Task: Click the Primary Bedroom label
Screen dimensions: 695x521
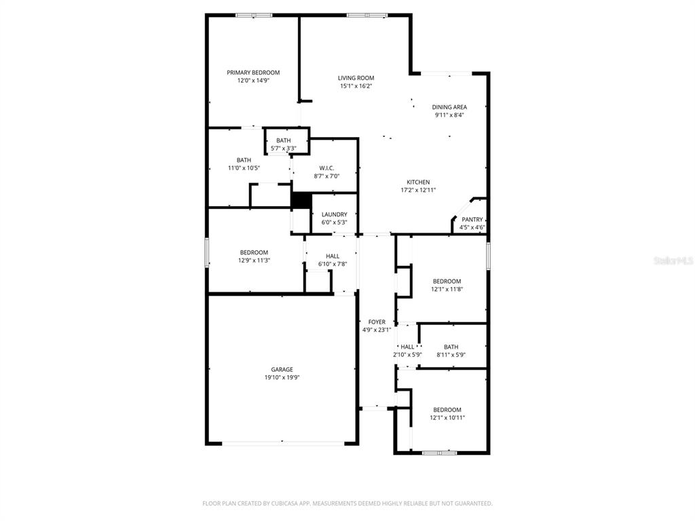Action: point(253,73)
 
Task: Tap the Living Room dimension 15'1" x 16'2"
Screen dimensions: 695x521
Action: point(356,86)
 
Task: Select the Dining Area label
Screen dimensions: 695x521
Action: point(449,107)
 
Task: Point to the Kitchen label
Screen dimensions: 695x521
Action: point(418,182)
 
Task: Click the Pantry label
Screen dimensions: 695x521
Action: point(472,219)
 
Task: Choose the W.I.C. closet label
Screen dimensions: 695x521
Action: point(326,168)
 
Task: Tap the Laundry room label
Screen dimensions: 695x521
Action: point(334,214)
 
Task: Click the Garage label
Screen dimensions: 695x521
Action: point(282,370)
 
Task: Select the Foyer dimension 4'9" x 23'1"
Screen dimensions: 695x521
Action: point(377,330)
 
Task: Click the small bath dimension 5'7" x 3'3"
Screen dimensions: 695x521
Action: point(284,149)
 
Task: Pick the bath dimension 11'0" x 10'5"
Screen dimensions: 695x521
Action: point(244,168)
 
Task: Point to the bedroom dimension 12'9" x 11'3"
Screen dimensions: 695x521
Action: point(254,260)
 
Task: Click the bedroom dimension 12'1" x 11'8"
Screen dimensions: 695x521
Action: point(447,289)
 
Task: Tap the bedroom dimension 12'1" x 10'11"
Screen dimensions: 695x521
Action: point(447,418)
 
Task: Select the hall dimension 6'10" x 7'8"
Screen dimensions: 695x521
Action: point(333,264)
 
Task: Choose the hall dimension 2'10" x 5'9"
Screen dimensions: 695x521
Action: point(407,354)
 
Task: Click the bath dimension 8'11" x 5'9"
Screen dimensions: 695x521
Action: point(451,354)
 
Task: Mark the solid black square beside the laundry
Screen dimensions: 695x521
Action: point(301,199)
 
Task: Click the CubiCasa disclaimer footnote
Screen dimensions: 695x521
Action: point(347,503)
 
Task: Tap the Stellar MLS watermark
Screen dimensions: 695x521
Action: point(673,260)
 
